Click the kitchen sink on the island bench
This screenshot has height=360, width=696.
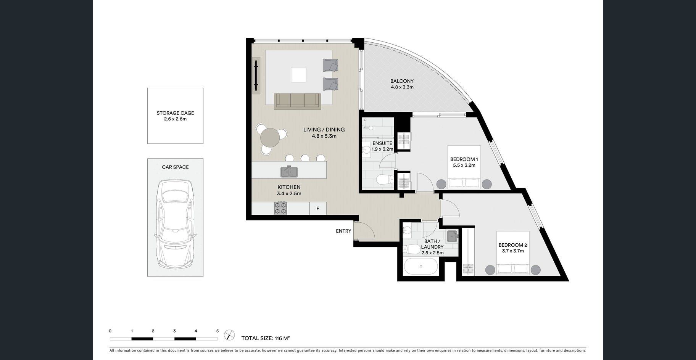tap(289, 172)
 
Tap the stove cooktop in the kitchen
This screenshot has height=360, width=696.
tap(280, 208)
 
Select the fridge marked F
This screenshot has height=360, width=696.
tap(318, 208)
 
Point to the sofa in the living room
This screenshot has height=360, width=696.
tap(298, 101)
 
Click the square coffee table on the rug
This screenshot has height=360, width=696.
tap(298, 75)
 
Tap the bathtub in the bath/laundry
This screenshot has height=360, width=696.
tap(421, 266)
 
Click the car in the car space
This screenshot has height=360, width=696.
tap(175, 224)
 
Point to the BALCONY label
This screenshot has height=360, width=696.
tap(402, 81)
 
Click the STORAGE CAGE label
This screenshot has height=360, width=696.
tap(175, 113)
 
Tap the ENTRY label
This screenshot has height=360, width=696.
tap(343, 231)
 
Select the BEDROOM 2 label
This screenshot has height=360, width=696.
tap(513, 245)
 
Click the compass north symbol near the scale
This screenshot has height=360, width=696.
tap(229, 335)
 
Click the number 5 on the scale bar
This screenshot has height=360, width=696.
tap(217, 331)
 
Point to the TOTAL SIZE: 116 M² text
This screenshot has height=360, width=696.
tap(266, 338)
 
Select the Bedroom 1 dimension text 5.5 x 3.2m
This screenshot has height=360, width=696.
tap(464, 166)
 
